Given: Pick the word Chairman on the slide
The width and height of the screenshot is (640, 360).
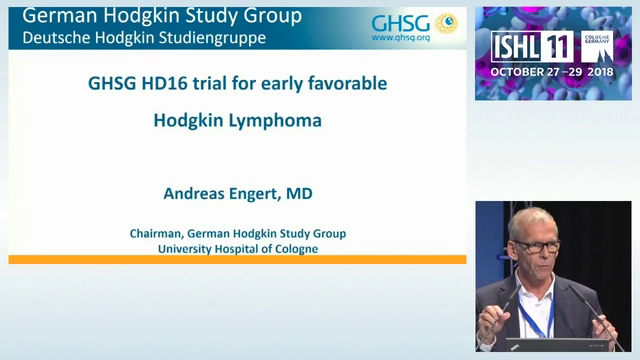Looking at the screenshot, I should click(158, 233).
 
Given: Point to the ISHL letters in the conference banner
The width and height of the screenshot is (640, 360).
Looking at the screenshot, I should click(518, 46).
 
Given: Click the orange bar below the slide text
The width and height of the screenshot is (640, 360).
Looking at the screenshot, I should click(237, 259).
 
